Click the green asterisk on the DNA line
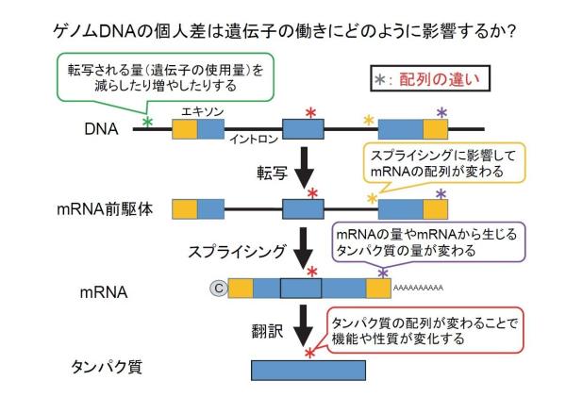147,121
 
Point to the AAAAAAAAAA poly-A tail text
417,286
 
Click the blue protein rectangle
308,370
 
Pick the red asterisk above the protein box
309,354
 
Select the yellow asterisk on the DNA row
369,119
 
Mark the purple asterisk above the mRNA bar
382,273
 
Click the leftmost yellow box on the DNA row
185,129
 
